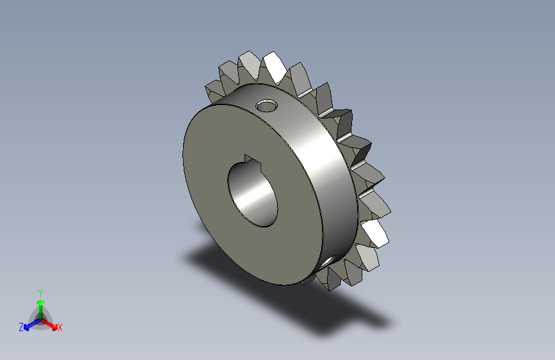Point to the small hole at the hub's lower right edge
tap(328, 261)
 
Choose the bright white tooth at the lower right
tap(376, 233)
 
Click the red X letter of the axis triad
tap(60, 328)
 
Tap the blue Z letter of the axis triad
tap(21, 327)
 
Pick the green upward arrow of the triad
tap(40, 305)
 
